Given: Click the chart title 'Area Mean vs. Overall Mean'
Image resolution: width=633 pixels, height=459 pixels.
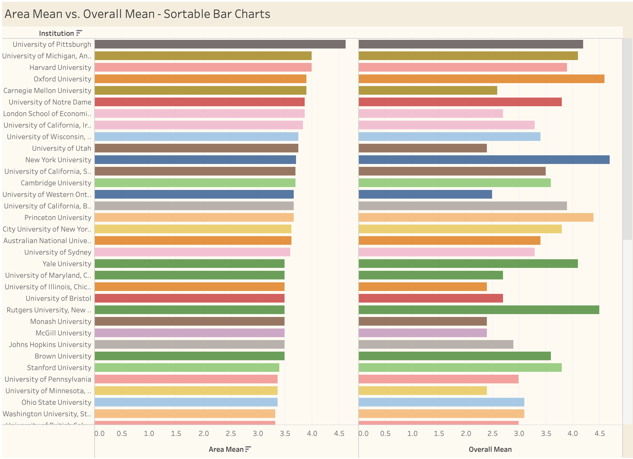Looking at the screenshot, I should pyautogui.click(x=137, y=14).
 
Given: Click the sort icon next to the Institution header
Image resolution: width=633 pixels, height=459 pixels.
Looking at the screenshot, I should pyautogui.click(x=79, y=33).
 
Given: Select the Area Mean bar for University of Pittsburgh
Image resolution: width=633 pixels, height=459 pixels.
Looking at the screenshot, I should pyautogui.click(x=220, y=44).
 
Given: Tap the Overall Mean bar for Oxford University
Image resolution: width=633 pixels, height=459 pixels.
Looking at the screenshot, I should pyautogui.click(x=481, y=79).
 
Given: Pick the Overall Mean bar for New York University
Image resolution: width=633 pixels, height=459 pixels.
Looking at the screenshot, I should pyautogui.click(x=484, y=160).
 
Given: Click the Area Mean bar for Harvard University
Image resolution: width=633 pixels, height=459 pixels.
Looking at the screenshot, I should pyautogui.click(x=203, y=67).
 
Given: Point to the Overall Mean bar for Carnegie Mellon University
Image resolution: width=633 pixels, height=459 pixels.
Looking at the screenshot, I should pyautogui.click(x=428, y=90).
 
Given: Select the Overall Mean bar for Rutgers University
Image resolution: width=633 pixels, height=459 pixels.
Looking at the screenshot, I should pyautogui.click(x=479, y=310).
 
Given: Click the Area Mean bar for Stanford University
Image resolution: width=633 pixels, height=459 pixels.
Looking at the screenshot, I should pyautogui.click(x=187, y=367).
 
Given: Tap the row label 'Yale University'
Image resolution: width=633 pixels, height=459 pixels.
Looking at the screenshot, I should pyautogui.click(x=67, y=264).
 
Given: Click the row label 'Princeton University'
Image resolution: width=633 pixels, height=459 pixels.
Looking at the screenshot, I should pyautogui.click(x=58, y=218).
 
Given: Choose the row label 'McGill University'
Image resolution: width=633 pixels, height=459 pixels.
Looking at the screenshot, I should pyautogui.click(x=63, y=333).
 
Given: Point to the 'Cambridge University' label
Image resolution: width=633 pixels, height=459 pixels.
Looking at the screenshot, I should pyautogui.click(x=56, y=183).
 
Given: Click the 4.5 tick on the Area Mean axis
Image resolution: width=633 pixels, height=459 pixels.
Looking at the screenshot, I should pyautogui.click(x=339, y=433).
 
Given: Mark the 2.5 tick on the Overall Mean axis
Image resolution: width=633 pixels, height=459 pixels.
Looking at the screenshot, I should pyautogui.click(x=492, y=433).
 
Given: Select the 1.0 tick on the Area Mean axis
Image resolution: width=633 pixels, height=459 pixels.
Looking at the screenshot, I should pyautogui.click(x=149, y=433).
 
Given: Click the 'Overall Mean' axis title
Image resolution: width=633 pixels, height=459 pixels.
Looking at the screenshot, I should pyautogui.click(x=490, y=449).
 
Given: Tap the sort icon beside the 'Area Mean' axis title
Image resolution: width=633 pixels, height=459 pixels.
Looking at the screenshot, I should pyautogui.click(x=248, y=449).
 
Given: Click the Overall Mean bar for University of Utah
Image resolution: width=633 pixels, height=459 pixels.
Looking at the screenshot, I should pyautogui.click(x=423, y=148).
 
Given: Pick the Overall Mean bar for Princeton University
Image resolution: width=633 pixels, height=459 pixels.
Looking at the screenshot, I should pyautogui.click(x=476, y=217).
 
